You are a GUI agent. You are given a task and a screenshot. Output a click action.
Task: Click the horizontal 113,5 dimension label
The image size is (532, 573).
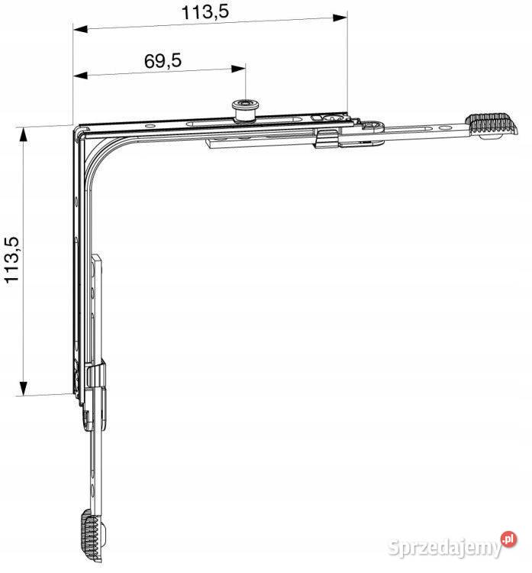[205, 11]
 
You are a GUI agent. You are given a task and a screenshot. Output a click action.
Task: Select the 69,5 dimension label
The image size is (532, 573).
[163, 60]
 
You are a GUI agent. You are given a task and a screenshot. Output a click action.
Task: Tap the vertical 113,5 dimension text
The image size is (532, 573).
[11, 260]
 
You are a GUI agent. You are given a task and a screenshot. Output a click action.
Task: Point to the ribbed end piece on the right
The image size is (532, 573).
[491, 125]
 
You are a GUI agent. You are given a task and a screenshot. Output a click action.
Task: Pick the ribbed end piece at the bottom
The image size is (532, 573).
[93, 536]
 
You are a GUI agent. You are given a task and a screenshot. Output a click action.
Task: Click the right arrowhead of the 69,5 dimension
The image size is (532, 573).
[238, 68]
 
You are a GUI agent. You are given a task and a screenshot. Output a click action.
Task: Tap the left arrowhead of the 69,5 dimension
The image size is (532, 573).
[80, 76]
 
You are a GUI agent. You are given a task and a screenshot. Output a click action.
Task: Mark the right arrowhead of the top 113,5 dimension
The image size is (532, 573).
[340, 17]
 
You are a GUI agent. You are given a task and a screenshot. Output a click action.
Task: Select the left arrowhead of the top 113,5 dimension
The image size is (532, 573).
[80, 29]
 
